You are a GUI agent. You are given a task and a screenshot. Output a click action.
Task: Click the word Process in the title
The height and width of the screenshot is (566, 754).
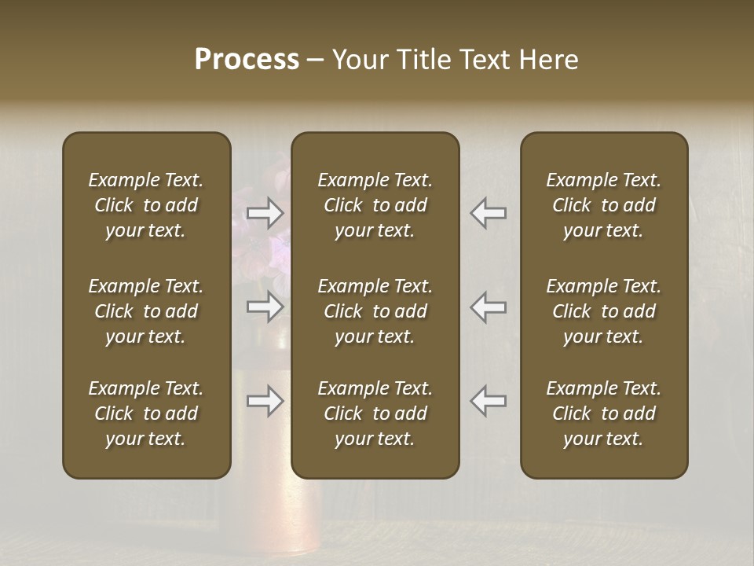pyautogui.click(x=247, y=60)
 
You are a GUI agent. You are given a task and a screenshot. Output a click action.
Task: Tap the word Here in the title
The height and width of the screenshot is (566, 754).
pyautogui.click(x=548, y=60)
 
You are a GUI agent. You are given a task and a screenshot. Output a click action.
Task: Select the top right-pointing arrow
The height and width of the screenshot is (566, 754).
pyautogui.click(x=265, y=213)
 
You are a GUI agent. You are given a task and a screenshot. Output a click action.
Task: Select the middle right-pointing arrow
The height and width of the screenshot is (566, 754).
pyautogui.click(x=265, y=307)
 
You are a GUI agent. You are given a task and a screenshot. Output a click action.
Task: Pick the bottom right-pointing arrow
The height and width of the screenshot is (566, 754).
pyautogui.click(x=265, y=401)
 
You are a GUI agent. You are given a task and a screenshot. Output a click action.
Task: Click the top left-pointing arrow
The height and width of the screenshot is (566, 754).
pyautogui.click(x=489, y=213)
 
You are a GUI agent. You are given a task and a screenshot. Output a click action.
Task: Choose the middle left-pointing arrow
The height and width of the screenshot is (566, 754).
pyautogui.click(x=489, y=307)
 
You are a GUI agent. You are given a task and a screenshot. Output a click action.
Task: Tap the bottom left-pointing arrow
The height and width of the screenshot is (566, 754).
pyautogui.click(x=489, y=401)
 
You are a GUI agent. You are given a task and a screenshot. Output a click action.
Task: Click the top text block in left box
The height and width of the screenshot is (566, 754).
pyautogui.click(x=146, y=205)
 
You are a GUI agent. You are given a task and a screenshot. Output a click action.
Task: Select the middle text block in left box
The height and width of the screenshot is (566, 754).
pyautogui.click(x=146, y=311)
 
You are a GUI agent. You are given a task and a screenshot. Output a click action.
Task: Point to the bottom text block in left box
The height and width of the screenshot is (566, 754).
pyautogui.click(x=146, y=413)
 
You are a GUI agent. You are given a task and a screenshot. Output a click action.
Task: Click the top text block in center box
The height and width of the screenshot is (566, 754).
pyautogui.click(x=375, y=205)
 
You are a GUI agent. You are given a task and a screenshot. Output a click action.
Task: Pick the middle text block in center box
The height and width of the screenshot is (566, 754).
pyautogui.click(x=375, y=311)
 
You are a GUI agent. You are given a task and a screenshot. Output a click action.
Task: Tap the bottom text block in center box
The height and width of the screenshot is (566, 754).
pyautogui.click(x=375, y=413)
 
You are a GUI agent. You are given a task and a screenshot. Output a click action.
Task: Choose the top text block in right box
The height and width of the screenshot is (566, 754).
pyautogui.click(x=604, y=205)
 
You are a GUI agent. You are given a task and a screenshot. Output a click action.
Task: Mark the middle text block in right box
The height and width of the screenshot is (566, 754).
pyautogui.click(x=604, y=311)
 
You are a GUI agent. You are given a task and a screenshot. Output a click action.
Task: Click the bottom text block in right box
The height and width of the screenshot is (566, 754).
pyautogui.click(x=604, y=413)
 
